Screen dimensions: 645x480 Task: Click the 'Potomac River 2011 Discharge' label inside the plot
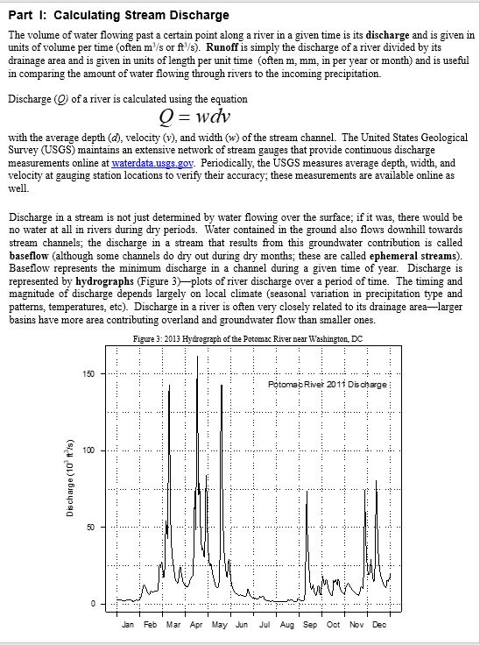click(x=328, y=386)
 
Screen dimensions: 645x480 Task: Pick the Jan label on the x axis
click(x=128, y=626)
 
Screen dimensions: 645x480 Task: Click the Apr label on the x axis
click(x=196, y=626)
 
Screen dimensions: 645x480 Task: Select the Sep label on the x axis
click(x=310, y=626)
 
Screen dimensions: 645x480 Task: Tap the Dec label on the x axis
click(x=378, y=626)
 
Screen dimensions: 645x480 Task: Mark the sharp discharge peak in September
click(x=307, y=492)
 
